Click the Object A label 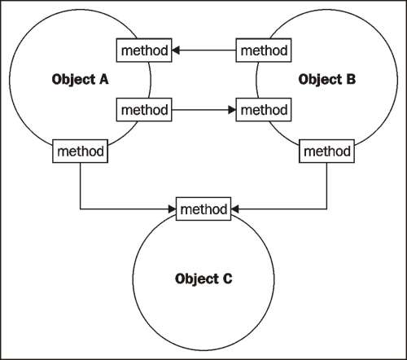[80, 80]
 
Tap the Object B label [327, 80]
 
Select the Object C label [203, 279]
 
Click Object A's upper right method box [144, 50]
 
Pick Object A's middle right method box [144, 110]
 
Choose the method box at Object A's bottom [80, 151]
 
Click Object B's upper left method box [264, 50]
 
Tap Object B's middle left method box [264, 110]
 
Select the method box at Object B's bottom [326, 151]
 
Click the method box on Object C [203, 209]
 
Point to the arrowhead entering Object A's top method [176, 50]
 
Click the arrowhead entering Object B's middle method [232, 110]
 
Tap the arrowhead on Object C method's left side [172, 209]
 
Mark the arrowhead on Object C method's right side [235, 209]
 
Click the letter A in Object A [103, 79]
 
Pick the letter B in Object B [351, 79]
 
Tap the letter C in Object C [227, 279]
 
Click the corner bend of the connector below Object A [80, 209]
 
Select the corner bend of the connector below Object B [326, 209]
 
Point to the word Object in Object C [197, 279]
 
